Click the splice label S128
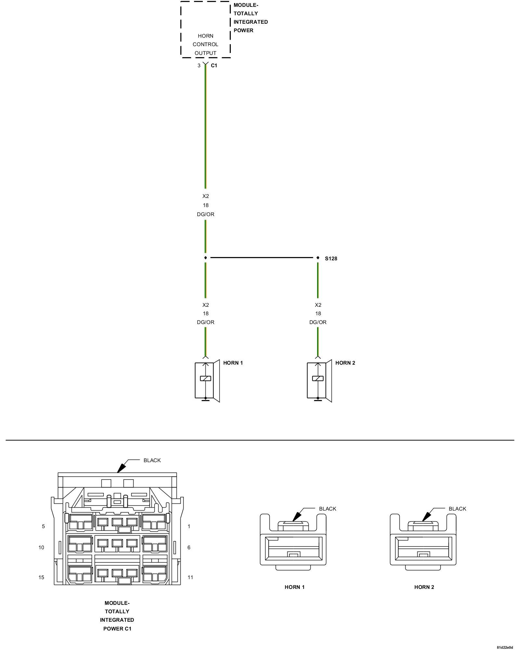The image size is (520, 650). (331, 259)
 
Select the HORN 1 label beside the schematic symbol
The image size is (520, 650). (233, 363)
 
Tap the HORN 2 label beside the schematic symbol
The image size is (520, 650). (345, 363)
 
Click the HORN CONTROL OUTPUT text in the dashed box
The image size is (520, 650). (205, 45)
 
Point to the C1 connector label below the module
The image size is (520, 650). (214, 66)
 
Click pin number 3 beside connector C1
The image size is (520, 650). (199, 66)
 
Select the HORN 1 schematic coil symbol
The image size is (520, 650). (205, 378)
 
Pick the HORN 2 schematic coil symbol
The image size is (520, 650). (318, 378)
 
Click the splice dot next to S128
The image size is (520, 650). (318, 258)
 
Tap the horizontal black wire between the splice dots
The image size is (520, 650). (262, 258)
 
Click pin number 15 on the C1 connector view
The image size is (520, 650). (41, 578)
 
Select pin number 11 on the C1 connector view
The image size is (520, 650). (190, 578)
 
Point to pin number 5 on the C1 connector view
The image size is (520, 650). (43, 526)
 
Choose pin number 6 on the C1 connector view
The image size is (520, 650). (189, 547)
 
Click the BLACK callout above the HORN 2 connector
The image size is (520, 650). (457, 509)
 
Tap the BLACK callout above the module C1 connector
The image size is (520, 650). (152, 460)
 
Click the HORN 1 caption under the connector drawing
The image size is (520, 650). (294, 587)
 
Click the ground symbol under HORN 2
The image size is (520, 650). (318, 399)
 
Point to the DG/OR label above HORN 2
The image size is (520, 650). (318, 322)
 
